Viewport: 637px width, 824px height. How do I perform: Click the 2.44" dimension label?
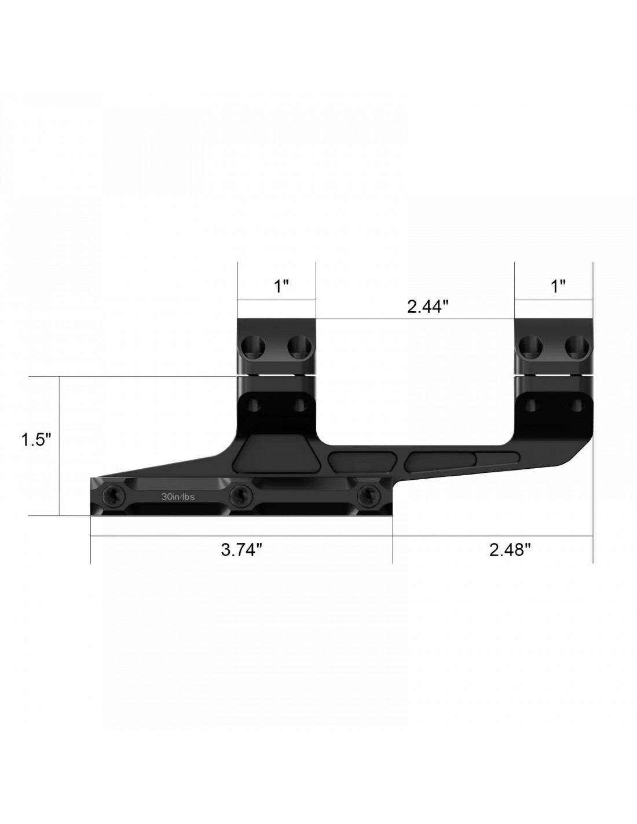[x=428, y=307]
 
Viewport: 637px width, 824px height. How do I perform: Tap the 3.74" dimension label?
[x=241, y=549]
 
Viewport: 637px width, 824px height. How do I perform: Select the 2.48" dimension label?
[x=510, y=549]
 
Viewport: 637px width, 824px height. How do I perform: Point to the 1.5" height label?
[x=36, y=440]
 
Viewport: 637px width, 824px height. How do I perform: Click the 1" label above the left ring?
[x=281, y=286]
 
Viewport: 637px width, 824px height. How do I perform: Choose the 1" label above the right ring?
[x=558, y=286]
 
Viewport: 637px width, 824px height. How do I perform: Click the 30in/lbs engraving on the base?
[x=178, y=497]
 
